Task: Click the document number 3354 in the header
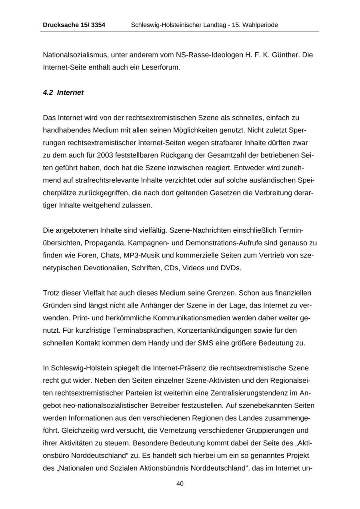98,25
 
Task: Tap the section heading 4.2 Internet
63,93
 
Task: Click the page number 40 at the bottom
180,484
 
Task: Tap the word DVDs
231,268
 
